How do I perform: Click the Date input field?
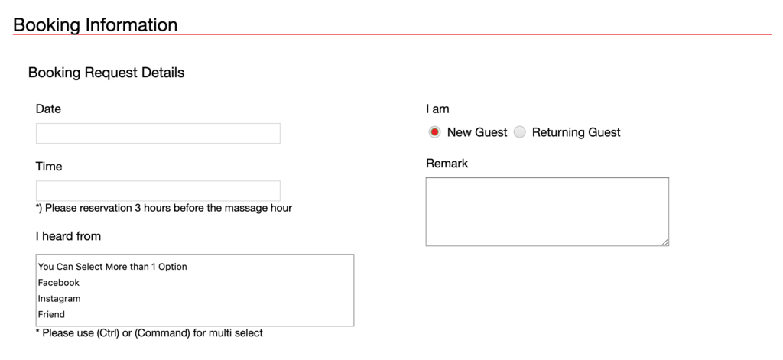[x=158, y=133]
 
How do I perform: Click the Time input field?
[x=158, y=191]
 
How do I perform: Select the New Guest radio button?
[x=434, y=132]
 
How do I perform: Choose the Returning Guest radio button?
[x=520, y=132]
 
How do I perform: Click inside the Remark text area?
[x=547, y=212]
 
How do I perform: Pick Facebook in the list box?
[x=59, y=283]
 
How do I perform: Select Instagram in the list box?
[x=60, y=299]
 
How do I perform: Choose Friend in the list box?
[x=51, y=315]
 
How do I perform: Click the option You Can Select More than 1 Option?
[x=112, y=267]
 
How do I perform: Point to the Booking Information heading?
[x=96, y=24]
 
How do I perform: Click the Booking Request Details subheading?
[x=106, y=73]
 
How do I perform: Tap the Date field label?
[x=48, y=109]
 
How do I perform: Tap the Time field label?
[x=49, y=167]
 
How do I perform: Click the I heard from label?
[x=68, y=236]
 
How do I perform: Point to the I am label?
[x=437, y=109]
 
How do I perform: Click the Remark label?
[x=447, y=164]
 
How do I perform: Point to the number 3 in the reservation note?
[x=138, y=208]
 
